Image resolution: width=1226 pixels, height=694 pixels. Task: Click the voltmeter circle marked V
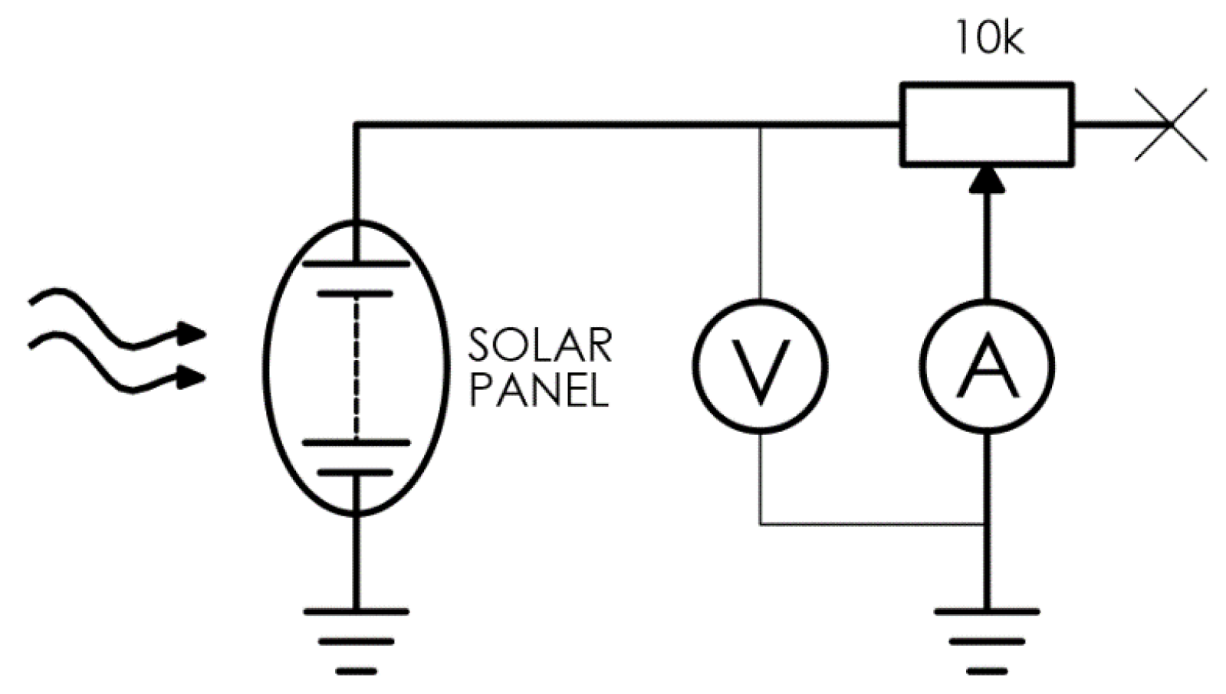tap(760, 365)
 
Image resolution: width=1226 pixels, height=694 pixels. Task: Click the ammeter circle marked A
tap(987, 365)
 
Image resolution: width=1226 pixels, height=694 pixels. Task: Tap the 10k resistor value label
tap(988, 38)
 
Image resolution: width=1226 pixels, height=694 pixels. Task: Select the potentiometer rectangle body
tap(987, 123)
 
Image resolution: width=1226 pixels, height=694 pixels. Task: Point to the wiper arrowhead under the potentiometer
tap(987, 179)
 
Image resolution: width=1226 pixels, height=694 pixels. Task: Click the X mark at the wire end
tap(1170, 124)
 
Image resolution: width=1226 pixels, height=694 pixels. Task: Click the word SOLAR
tap(541, 345)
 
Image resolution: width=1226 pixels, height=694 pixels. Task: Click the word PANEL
tap(539, 390)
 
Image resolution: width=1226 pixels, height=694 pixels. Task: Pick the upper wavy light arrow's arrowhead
tap(193, 333)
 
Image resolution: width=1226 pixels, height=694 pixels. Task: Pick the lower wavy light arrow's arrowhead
tap(193, 377)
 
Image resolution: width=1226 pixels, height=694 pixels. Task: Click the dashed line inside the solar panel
tap(356, 368)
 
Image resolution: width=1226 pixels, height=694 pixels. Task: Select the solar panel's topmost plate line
tap(356, 264)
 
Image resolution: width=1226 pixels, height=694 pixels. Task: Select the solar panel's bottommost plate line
tap(356, 473)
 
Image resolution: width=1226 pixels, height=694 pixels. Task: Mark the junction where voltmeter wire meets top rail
tap(760, 123)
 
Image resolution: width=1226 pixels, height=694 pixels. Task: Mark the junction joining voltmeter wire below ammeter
tap(987, 525)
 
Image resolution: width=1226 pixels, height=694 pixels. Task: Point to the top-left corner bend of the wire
tap(356, 123)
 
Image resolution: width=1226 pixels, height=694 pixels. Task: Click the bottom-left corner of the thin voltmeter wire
tap(761, 525)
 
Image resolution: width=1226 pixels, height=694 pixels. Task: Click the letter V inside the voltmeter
tap(760, 369)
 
